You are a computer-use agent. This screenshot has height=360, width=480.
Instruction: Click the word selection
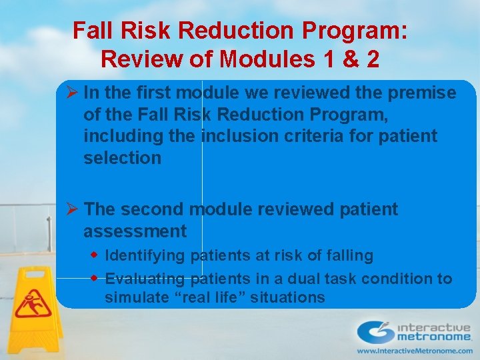click(122, 158)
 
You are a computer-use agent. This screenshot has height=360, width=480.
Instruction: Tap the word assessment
click(135, 231)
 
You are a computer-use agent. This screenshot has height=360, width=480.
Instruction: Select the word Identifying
click(146, 255)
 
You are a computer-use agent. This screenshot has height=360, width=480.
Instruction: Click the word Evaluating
click(145, 279)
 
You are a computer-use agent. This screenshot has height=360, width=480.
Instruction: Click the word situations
click(287, 297)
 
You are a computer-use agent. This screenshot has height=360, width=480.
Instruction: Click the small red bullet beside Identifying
click(95, 255)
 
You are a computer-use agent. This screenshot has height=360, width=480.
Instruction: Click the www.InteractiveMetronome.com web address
click(414, 351)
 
